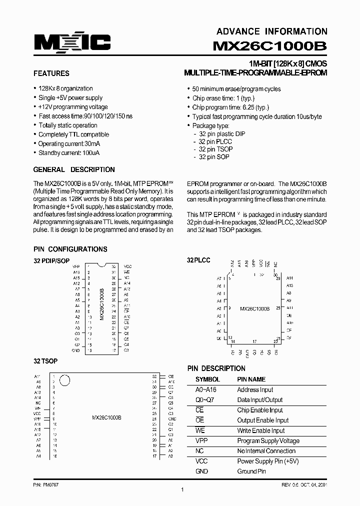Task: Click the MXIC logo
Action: [72, 43]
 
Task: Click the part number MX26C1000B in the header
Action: [270, 46]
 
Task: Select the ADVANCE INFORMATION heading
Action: [272, 31]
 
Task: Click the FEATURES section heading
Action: [51, 73]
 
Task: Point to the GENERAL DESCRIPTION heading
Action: [74, 169]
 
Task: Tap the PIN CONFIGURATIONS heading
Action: [70, 249]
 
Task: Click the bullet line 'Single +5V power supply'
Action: [70, 98]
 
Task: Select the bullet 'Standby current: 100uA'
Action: [68, 153]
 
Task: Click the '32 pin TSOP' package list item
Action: [215, 149]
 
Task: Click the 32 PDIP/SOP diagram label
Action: [52, 260]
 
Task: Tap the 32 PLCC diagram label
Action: [198, 260]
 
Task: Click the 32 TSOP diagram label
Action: [45, 361]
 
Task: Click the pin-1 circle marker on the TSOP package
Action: [64, 381]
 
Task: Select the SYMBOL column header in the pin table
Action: [207, 379]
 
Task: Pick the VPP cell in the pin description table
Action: [201, 441]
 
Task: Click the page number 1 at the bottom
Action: [182, 489]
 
